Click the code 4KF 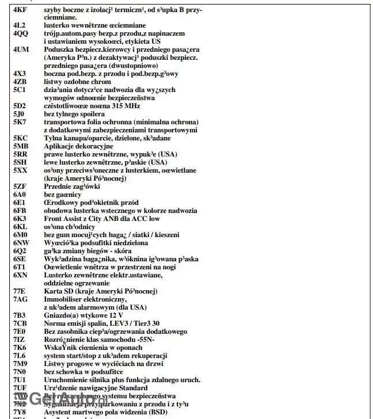(20, 10)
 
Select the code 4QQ (21, 34)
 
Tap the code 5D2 (20, 106)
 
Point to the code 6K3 (20, 219)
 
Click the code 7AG (21, 299)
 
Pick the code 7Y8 (20, 412)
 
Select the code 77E (20, 291)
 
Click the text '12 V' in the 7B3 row (113, 315)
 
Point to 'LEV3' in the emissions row (122, 323)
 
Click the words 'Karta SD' (58, 291)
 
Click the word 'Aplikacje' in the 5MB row (59, 146)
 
